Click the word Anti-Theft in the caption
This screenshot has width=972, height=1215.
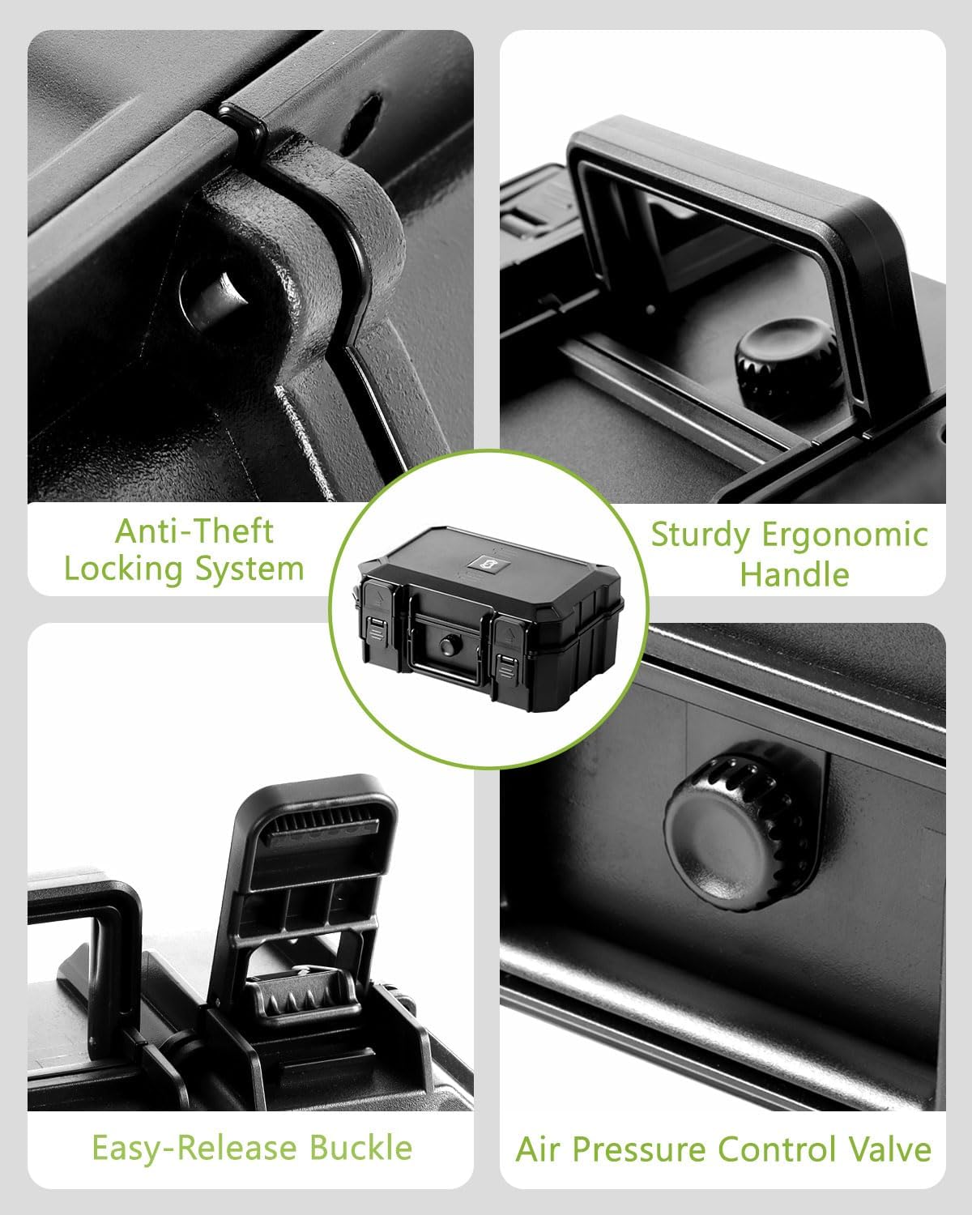point(194,532)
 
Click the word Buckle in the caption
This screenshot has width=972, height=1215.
point(360,1148)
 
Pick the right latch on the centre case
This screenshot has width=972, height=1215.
point(506,647)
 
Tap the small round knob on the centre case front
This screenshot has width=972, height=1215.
point(447,646)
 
